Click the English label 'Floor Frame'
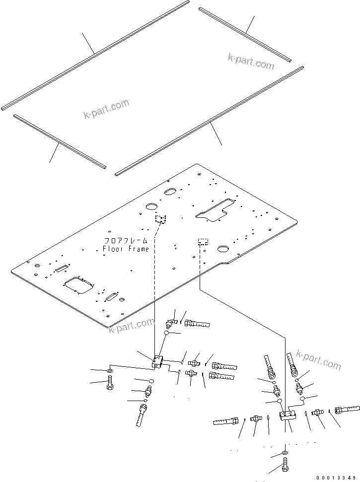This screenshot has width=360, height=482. [126, 249]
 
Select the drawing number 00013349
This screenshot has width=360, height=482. [337, 477]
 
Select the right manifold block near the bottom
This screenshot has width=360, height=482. [288, 415]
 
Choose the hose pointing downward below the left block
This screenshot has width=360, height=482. [141, 414]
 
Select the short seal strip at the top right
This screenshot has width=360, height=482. [245, 34]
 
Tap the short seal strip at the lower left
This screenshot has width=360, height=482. [59, 141]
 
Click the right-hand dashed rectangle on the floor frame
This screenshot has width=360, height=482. [203, 242]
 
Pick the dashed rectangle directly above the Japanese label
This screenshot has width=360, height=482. [160, 219]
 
